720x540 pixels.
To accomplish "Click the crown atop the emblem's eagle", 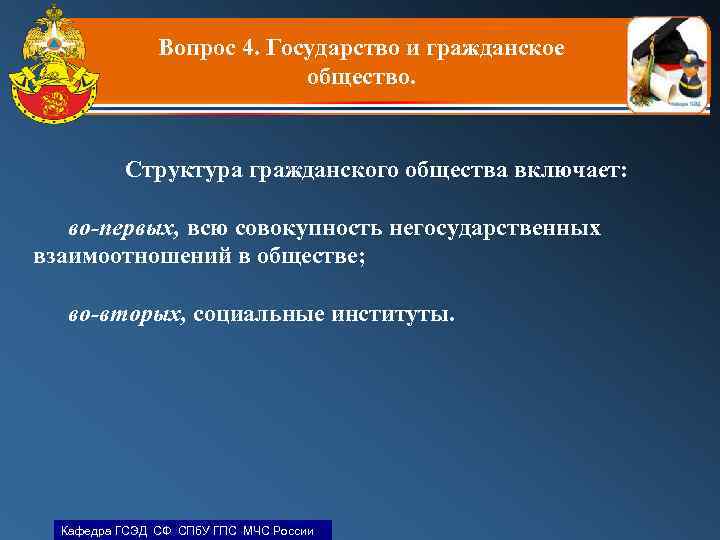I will pos(48,14).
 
